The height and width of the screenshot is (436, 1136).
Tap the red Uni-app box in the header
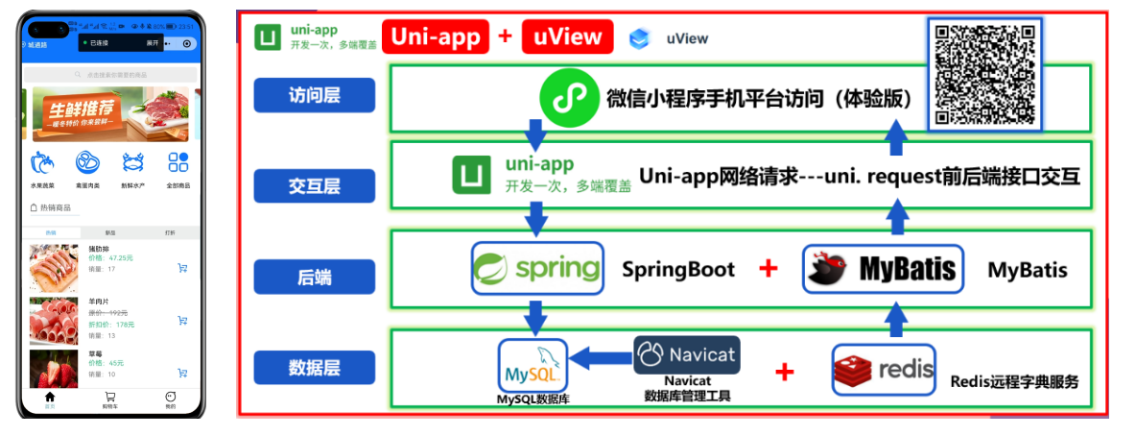tap(436, 37)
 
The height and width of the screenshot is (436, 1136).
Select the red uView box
tap(567, 37)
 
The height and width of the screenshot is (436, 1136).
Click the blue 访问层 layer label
tap(314, 96)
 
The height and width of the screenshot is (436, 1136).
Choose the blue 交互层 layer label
tap(314, 185)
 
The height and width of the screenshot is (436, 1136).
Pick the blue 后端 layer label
tap(314, 277)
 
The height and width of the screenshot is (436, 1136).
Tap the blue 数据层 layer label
tap(314, 367)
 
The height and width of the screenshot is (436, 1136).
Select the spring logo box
tap(537, 267)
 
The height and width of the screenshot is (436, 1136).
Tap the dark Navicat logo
tap(686, 354)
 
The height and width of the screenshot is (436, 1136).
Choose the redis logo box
tap(883, 369)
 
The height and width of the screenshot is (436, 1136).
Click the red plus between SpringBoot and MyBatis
tap(768, 269)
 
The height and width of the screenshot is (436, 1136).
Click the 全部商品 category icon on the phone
tap(178, 162)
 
